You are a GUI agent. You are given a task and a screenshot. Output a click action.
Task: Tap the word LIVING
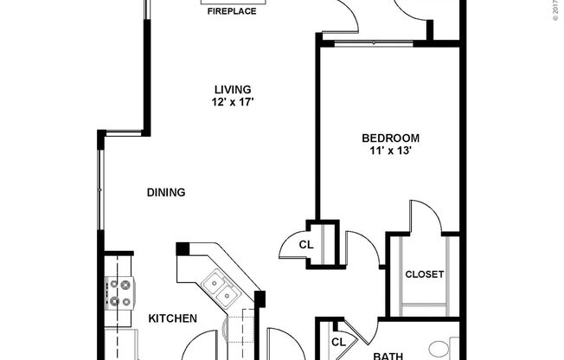click(233, 89)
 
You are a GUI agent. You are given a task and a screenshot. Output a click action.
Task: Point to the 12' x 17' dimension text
click(233, 102)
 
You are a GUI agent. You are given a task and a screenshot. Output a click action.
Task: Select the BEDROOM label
click(390, 138)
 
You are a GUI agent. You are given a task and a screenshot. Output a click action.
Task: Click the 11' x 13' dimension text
click(390, 151)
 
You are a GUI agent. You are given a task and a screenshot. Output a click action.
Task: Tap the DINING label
click(166, 192)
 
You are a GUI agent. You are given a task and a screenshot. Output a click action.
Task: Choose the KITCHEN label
click(173, 318)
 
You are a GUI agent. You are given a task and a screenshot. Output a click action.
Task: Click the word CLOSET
click(425, 274)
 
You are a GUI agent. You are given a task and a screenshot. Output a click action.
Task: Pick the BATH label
click(388, 355)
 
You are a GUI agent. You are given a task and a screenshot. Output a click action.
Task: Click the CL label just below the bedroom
click(305, 245)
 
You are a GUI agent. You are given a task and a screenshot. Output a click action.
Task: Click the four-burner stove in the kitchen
click(119, 292)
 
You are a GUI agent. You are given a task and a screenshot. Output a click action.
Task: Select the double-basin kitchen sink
click(218, 290)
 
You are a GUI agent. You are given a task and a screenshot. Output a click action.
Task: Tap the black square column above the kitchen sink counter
click(182, 248)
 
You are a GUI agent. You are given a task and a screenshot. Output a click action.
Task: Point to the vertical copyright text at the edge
click(556, 13)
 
